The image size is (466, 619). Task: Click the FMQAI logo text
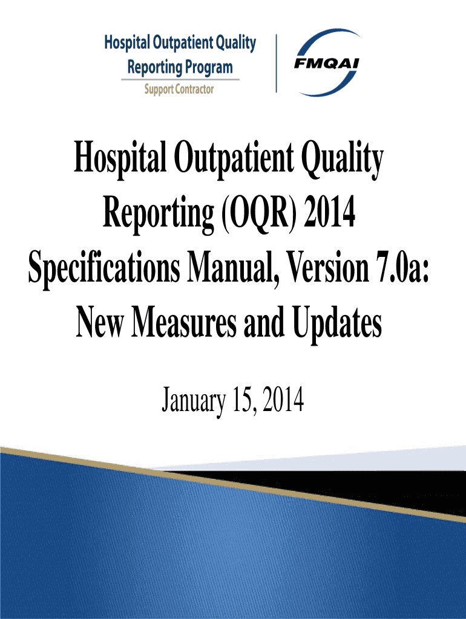[326, 63]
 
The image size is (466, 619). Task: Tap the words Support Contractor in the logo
[179, 89]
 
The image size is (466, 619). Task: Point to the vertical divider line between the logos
[276, 63]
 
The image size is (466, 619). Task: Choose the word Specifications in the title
[104, 268]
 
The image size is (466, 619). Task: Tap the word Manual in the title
[233, 268]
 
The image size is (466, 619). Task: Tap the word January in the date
[194, 401]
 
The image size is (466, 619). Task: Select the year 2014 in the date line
[283, 400]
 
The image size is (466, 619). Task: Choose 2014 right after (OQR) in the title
[329, 213]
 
